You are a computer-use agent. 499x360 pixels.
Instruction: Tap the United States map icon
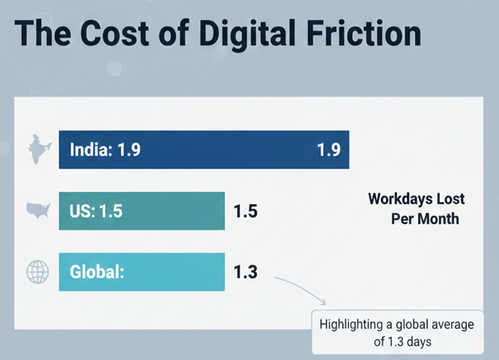(39, 211)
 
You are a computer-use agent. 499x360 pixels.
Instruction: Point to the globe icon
(38, 272)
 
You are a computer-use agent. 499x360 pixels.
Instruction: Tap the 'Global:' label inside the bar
(96, 272)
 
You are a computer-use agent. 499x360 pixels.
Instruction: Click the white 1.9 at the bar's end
(328, 149)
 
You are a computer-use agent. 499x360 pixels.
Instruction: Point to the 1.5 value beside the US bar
(245, 211)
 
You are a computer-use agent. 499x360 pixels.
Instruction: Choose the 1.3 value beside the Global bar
(245, 272)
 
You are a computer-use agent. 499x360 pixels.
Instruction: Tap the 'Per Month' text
(425, 219)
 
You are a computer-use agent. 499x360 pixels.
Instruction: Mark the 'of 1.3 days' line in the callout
(397, 343)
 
